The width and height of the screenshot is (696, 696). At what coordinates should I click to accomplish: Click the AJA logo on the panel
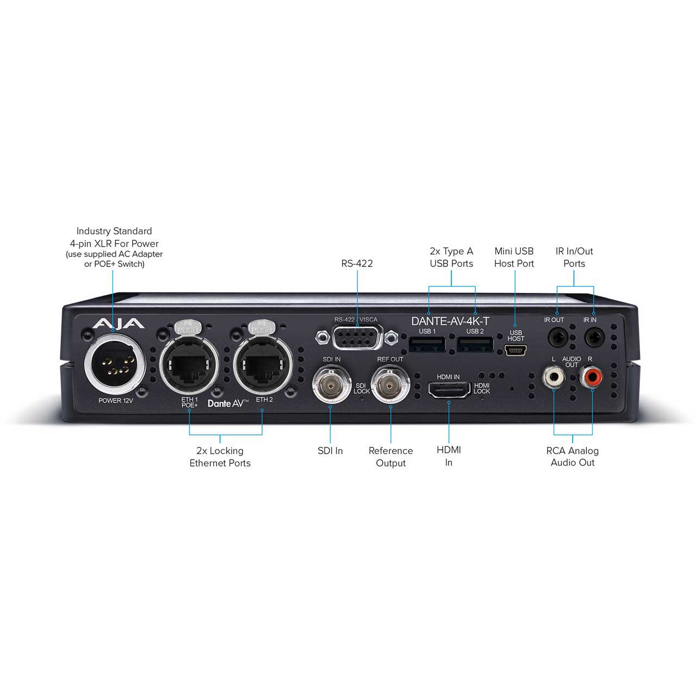click(x=119, y=323)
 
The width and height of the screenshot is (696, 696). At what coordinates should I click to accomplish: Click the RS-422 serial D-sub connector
click(x=357, y=337)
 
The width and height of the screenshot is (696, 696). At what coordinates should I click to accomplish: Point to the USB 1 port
click(x=427, y=344)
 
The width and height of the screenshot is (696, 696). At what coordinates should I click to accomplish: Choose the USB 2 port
click(x=475, y=344)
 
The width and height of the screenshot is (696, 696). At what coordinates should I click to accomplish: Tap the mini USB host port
click(x=515, y=350)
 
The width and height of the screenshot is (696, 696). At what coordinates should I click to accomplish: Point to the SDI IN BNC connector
click(x=331, y=386)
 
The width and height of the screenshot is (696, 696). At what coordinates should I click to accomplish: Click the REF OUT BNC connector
click(x=390, y=386)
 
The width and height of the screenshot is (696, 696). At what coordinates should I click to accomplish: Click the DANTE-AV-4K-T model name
click(x=450, y=321)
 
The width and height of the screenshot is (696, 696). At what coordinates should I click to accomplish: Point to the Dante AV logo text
click(x=227, y=403)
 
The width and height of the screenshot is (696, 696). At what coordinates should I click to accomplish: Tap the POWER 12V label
click(x=116, y=401)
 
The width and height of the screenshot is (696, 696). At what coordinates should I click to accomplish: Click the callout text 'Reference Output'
click(x=390, y=457)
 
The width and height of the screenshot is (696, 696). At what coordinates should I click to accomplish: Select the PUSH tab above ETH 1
click(x=187, y=327)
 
